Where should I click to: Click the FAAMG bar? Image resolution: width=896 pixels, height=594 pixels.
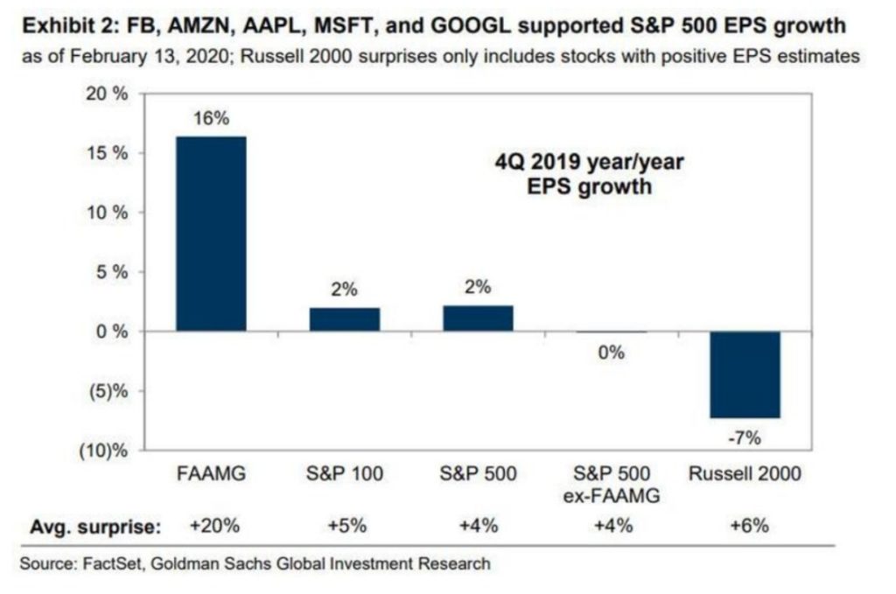click(211, 234)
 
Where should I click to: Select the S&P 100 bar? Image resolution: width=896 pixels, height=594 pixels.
click(345, 319)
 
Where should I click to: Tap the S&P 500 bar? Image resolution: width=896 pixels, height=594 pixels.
click(478, 318)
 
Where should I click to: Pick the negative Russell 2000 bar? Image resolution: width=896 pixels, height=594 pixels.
click(745, 374)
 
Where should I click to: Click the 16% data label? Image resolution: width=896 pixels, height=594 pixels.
click(211, 119)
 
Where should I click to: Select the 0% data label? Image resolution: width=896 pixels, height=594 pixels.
click(612, 353)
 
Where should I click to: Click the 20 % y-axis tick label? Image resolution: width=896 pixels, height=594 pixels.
click(109, 94)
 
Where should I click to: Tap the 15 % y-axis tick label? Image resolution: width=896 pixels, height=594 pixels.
click(109, 153)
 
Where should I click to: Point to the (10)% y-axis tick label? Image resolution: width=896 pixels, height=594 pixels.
click(107, 451)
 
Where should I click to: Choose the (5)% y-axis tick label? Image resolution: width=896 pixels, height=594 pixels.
click(111, 391)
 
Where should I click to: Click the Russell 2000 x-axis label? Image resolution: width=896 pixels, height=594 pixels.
click(745, 475)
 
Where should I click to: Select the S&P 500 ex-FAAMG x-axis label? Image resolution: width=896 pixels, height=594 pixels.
click(612, 486)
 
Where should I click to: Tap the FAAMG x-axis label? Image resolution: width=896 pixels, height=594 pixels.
click(211, 475)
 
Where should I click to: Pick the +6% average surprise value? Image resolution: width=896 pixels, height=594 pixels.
click(745, 527)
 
